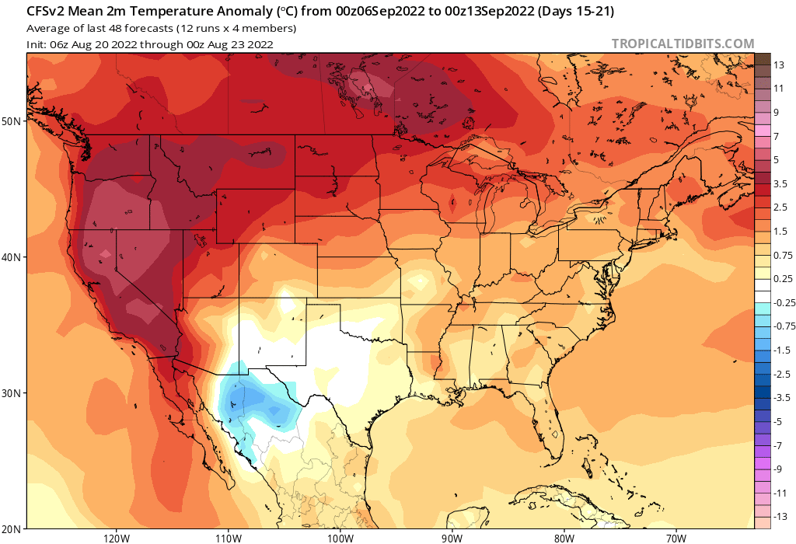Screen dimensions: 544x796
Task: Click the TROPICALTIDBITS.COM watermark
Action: [683, 44]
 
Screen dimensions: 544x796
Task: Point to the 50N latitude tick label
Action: [13, 121]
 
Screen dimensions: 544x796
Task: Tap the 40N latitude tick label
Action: [13, 257]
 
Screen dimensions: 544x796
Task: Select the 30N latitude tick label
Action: [13, 393]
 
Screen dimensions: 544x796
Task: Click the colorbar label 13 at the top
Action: [779, 65]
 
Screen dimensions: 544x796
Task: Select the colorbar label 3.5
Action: [781, 183]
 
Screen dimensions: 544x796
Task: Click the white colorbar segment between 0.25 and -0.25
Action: [763, 291]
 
